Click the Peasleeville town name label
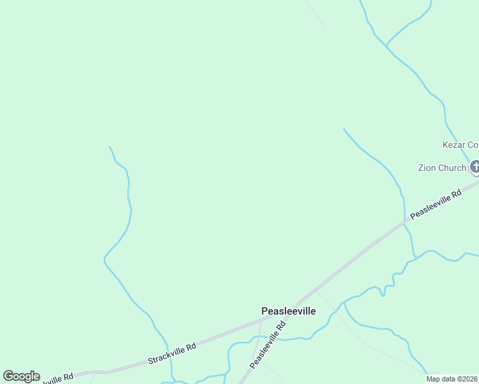click(x=288, y=311)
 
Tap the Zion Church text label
click(x=442, y=168)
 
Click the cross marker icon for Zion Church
click(x=475, y=168)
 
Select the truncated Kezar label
click(x=460, y=145)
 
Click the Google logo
click(x=21, y=376)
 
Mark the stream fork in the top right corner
click(x=386, y=46)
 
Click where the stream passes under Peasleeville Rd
click(x=405, y=221)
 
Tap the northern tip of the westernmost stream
click(x=110, y=147)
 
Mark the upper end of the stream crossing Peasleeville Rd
click(x=344, y=129)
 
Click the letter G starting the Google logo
click(x=8, y=376)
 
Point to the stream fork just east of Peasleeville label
click(x=344, y=301)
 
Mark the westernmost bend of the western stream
click(x=104, y=260)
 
